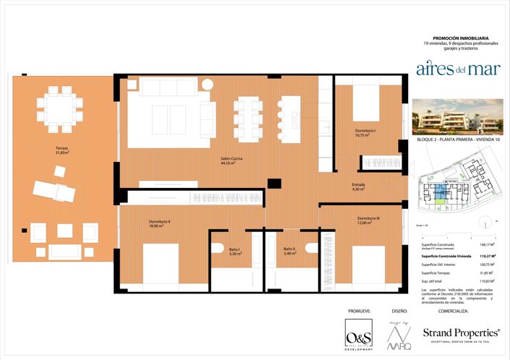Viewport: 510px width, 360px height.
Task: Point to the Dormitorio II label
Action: point(159,223)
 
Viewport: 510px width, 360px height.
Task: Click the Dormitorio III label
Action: point(368,220)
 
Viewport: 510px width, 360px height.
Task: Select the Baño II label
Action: point(289,252)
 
